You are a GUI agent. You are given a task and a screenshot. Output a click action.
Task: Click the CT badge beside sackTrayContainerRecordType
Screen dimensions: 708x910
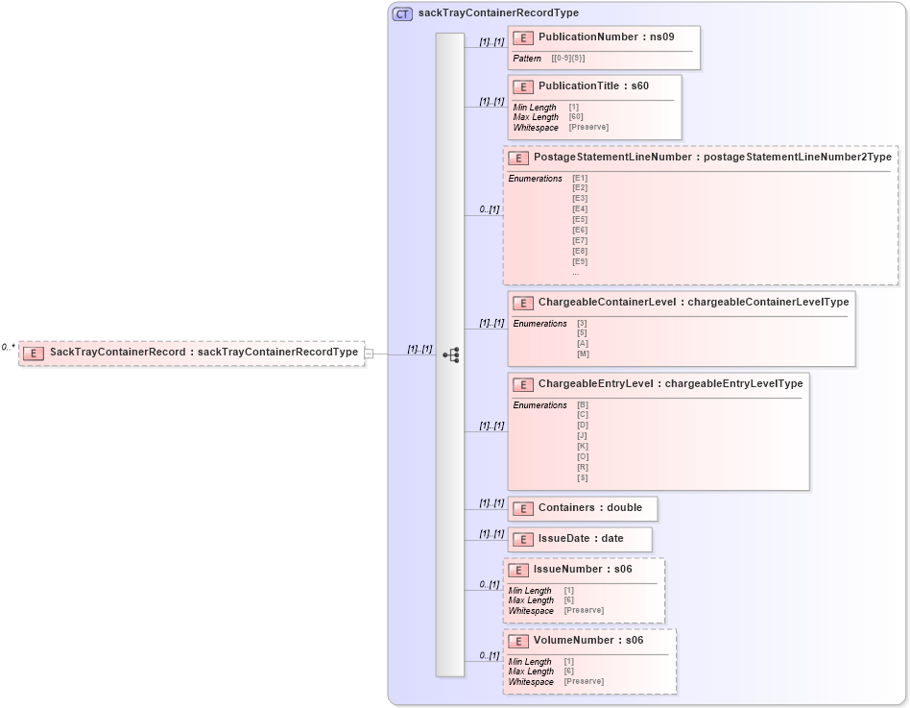[x=403, y=13]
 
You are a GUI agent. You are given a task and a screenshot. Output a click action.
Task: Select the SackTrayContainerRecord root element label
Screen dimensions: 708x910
[x=204, y=353]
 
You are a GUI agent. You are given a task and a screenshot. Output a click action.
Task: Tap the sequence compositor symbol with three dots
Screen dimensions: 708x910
[x=451, y=355]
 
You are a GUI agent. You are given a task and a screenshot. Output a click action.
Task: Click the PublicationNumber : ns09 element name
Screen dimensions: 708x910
[x=606, y=37]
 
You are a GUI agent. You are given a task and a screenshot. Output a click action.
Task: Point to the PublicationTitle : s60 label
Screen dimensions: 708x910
[x=593, y=86]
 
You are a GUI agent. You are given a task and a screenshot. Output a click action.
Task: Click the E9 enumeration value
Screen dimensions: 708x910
[x=580, y=261]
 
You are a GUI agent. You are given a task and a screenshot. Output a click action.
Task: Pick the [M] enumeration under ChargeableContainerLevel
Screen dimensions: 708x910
[x=583, y=354]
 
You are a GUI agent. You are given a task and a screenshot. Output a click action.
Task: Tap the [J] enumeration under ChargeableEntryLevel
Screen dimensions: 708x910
[x=583, y=435]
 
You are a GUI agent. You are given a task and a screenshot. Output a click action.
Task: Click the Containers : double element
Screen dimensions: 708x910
[x=589, y=508]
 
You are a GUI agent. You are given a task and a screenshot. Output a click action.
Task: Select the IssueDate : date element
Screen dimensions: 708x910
[x=580, y=539]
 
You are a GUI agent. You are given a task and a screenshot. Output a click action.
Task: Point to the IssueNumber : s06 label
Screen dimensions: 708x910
[x=583, y=570]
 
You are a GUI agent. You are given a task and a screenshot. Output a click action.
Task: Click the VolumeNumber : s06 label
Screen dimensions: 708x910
[x=588, y=640]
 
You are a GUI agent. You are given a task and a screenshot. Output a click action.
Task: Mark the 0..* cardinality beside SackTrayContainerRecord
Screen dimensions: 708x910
[x=9, y=348]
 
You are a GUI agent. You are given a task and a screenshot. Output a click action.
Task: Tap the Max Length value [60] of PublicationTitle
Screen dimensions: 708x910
[x=576, y=117]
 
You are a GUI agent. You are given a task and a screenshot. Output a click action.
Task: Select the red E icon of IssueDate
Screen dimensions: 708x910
[x=523, y=539]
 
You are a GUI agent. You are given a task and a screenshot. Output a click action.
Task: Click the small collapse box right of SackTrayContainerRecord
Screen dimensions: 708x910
[x=369, y=354]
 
